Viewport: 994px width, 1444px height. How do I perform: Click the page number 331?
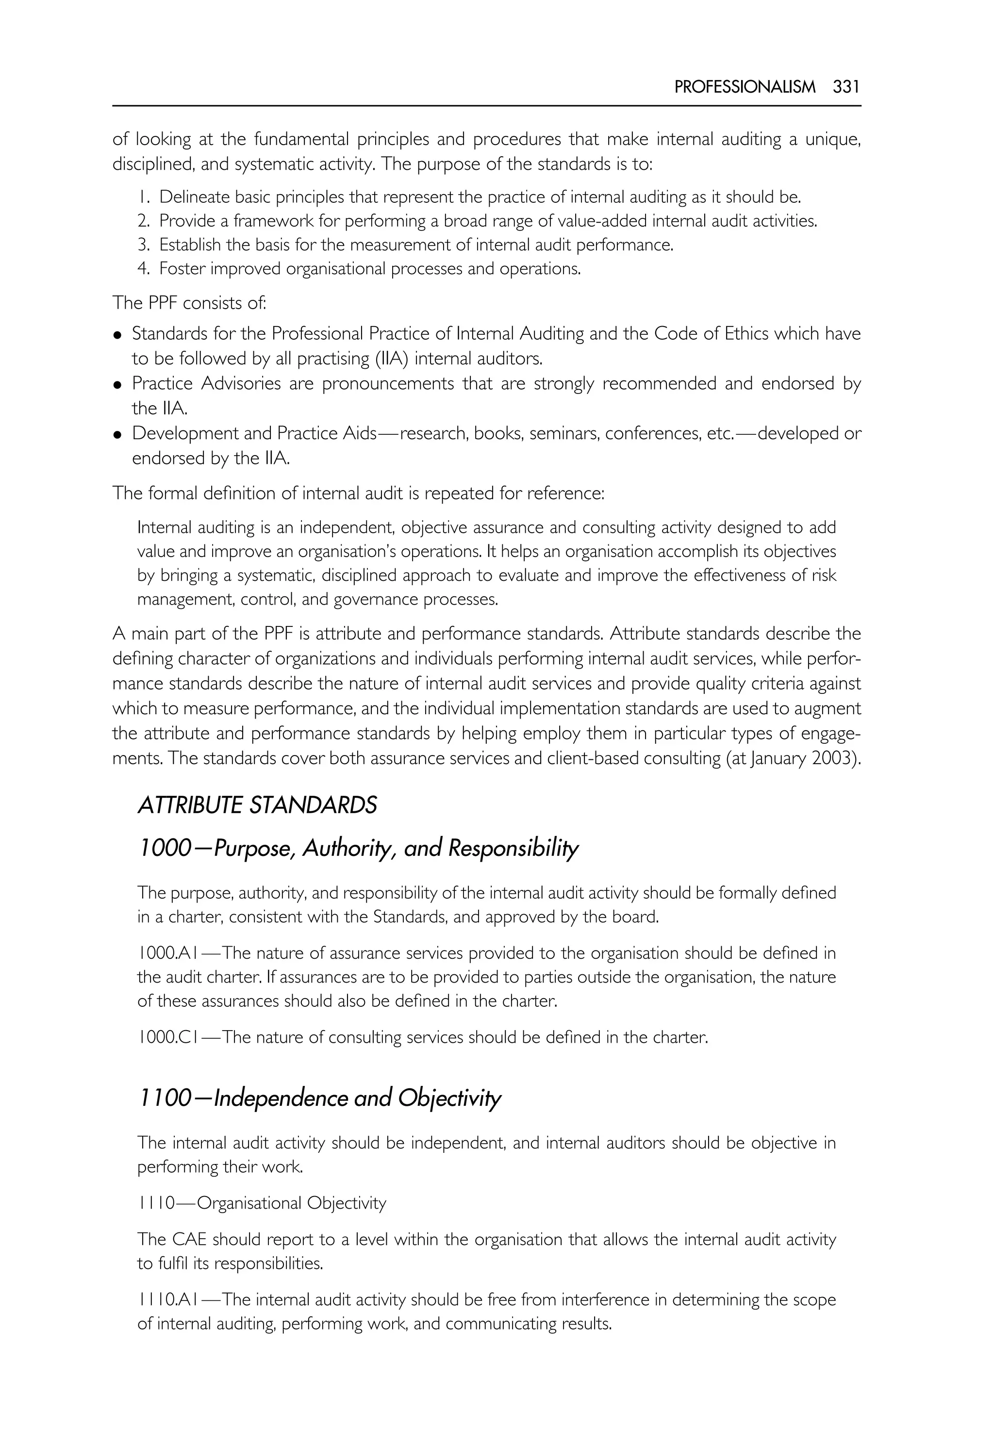[846, 87]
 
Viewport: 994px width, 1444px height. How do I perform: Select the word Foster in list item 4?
[182, 269]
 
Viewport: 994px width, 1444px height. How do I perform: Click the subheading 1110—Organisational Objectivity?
[262, 1203]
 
